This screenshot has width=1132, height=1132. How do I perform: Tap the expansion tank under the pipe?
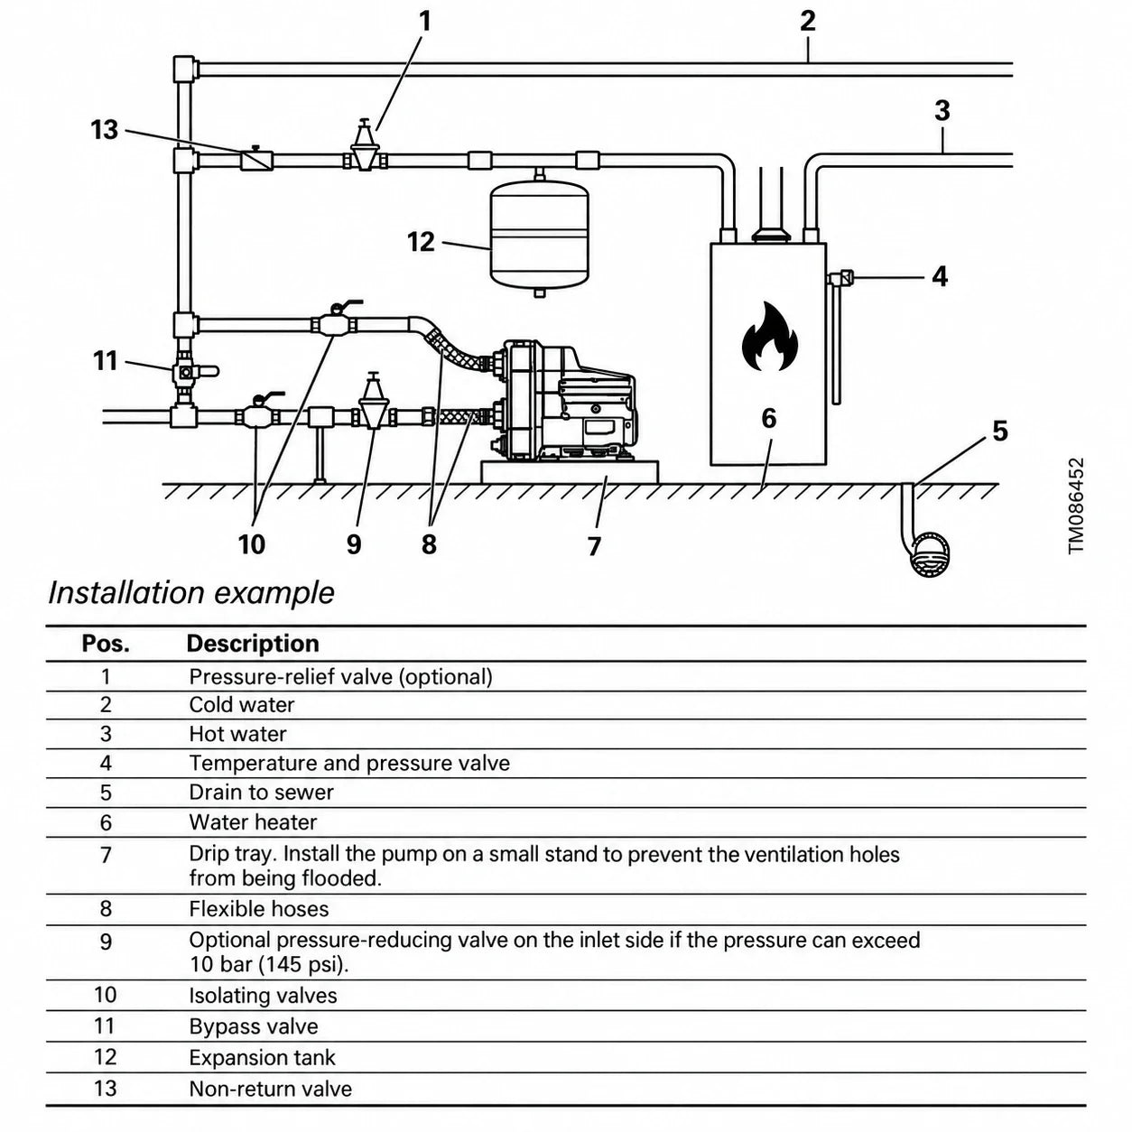[x=539, y=235]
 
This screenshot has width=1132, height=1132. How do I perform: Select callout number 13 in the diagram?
[x=104, y=130]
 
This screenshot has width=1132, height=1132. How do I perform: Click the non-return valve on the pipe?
[x=256, y=159]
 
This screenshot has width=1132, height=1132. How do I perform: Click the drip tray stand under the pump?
[x=570, y=472]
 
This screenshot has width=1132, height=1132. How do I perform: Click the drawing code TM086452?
[x=1076, y=506]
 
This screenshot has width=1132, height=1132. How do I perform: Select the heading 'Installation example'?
[x=190, y=593]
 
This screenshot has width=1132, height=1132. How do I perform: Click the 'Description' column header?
[x=253, y=644]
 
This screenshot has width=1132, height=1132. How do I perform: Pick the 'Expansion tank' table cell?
[x=262, y=1057]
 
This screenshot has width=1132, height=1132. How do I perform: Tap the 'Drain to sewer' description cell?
[x=261, y=793]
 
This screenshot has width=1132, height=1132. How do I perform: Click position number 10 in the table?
[x=105, y=995]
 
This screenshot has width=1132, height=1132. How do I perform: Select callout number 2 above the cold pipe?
[x=808, y=21]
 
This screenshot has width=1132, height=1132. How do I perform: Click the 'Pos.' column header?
[x=106, y=644]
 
